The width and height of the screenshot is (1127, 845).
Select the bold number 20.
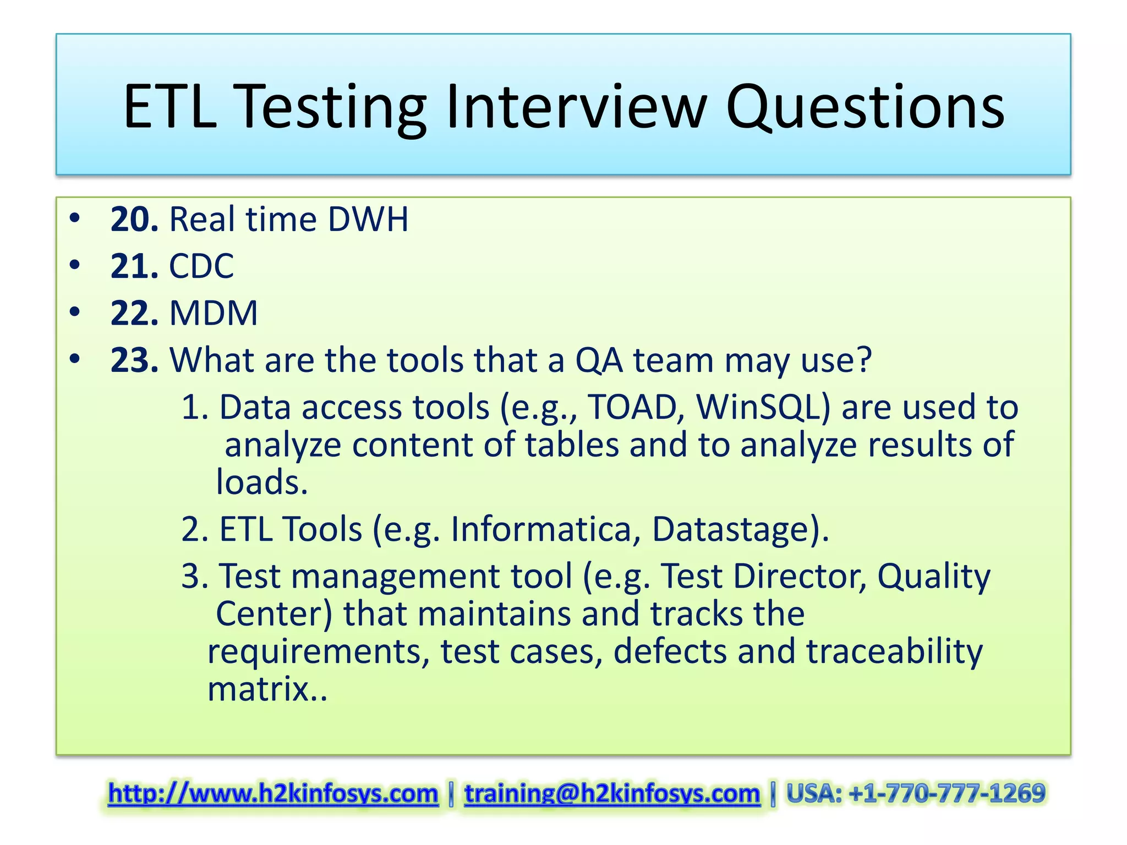point(134,220)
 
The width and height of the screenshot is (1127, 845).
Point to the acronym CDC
point(201,266)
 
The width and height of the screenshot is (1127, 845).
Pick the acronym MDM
point(214,314)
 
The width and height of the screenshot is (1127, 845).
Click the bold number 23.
point(134,360)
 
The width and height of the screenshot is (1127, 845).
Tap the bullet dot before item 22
point(75,312)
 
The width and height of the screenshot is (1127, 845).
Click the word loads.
point(261,482)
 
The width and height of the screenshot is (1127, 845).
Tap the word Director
point(800,577)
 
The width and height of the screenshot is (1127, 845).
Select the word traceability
point(894,651)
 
